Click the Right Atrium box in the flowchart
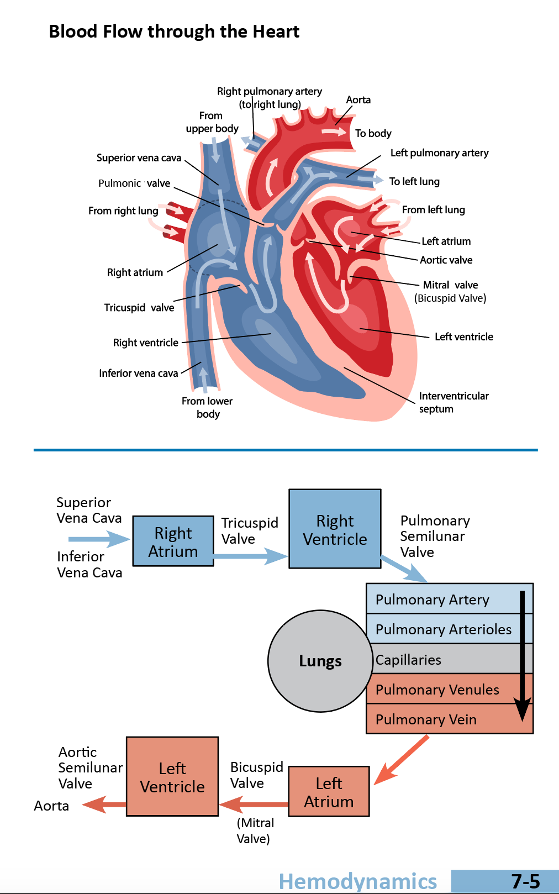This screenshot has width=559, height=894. tap(173, 541)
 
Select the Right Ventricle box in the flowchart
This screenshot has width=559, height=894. tap(335, 529)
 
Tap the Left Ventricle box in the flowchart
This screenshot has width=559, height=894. tap(172, 777)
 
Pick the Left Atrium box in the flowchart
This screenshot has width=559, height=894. tap(329, 792)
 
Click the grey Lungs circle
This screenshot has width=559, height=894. tap(320, 661)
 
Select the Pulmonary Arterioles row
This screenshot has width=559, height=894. tap(443, 629)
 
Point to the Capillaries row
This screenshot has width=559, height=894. tap(442, 659)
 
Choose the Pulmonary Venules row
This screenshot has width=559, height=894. tap(437, 690)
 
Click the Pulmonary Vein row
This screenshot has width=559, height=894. tap(426, 719)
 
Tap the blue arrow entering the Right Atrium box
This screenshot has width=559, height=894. tap(99, 539)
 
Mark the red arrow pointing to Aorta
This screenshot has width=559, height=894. tap(104, 804)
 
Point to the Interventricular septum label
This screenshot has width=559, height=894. tap(453, 402)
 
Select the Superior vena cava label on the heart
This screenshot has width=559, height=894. tap(139, 158)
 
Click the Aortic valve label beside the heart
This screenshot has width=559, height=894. tap(446, 260)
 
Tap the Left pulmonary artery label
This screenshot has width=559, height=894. tap(439, 153)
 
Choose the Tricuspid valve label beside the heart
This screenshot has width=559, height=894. tap(139, 308)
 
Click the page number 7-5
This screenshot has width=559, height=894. tap(525, 881)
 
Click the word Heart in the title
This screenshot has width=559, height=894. tap(276, 31)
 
